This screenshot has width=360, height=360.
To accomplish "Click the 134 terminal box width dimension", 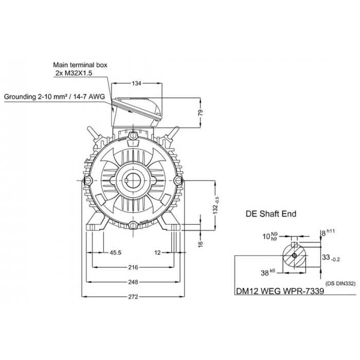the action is (x=136, y=83).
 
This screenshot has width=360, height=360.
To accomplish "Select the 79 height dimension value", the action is (x=201, y=113).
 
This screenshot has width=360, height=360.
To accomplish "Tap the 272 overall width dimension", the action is (x=133, y=297).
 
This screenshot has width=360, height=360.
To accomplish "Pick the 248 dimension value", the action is (x=133, y=282).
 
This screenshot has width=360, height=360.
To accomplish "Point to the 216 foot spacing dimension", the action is (x=133, y=267).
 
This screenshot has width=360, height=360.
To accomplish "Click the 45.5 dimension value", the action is (x=116, y=253).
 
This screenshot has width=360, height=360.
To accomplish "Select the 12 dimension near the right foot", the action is (x=157, y=253).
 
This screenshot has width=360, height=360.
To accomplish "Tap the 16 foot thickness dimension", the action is (x=201, y=244).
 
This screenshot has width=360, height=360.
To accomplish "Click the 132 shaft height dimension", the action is (x=216, y=206).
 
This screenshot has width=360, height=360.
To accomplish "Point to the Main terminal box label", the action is (x=80, y=65).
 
